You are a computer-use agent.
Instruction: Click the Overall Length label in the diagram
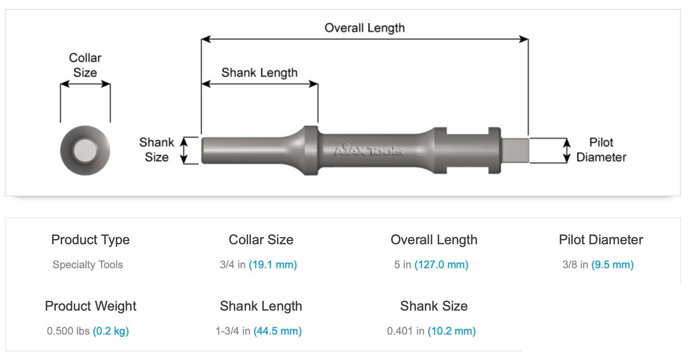(364, 28)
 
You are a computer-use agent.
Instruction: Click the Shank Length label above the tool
(259, 72)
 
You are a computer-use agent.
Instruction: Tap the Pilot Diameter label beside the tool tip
(601, 150)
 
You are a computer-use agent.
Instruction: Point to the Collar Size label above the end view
(85, 65)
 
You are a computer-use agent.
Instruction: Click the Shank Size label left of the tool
(156, 150)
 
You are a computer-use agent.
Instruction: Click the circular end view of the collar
(85, 150)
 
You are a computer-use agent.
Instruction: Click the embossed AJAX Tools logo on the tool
(369, 150)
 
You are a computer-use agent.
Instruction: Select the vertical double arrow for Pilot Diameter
(567, 150)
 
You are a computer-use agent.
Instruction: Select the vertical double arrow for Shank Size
(184, 150)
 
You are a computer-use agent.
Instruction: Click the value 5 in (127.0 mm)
(431, 265)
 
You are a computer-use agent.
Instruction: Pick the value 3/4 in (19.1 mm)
(259, 265)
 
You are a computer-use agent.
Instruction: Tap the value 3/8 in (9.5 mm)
(598, 265)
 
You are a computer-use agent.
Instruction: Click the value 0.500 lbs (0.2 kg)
(88, 331)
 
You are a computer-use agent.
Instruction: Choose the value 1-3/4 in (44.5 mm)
(259, 331)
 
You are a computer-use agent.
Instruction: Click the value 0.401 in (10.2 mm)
(431, 331)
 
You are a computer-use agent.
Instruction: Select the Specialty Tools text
(88, 265)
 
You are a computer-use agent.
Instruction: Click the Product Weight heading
(90, 306)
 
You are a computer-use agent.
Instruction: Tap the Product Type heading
(90, 240)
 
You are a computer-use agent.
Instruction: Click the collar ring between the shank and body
(310, 150)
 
